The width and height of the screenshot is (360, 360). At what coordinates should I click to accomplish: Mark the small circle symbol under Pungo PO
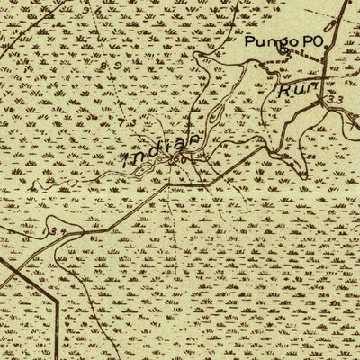point(282,52)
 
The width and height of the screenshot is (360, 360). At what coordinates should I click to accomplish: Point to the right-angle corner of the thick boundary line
point(58,298)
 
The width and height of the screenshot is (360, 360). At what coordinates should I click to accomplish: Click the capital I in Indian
point(126,162)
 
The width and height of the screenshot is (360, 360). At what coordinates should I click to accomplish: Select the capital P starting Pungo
point(249,40)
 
